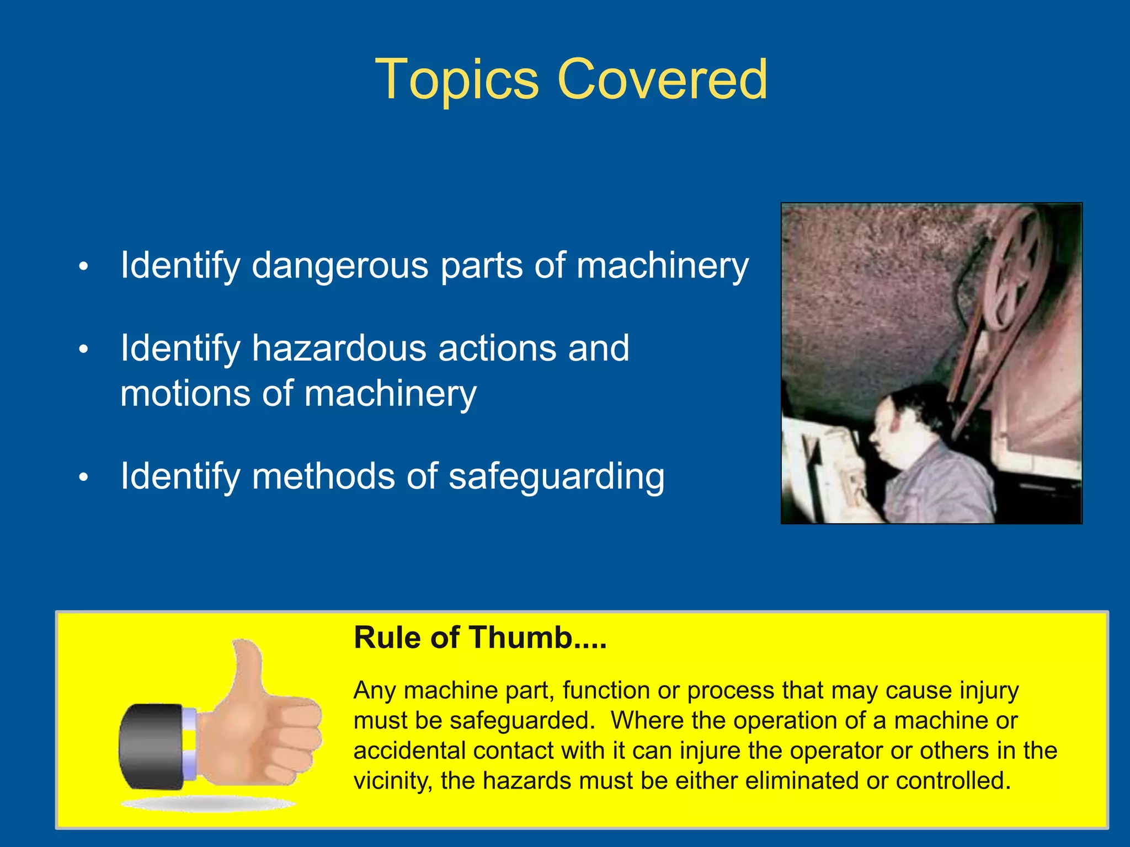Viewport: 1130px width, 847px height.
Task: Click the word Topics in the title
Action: coord(457,80)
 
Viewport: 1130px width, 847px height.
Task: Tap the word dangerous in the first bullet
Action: coord(340,266)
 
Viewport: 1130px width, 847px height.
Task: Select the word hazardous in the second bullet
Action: coord(339,349)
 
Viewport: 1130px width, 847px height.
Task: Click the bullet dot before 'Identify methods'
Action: coord(83,478)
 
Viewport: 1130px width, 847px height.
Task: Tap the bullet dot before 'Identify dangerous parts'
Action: coord(83,267)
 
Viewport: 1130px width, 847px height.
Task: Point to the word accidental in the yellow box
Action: coord(409,751)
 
